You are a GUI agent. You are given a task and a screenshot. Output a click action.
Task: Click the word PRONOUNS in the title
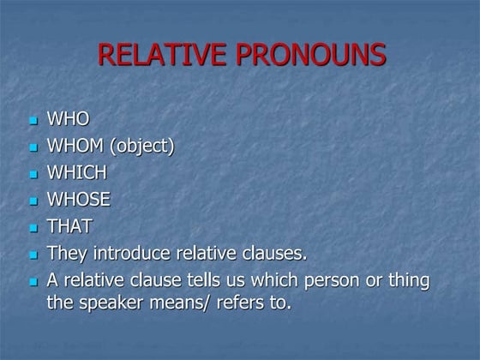coord(315,55)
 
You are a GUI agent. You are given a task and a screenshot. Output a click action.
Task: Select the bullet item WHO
coord(68,119)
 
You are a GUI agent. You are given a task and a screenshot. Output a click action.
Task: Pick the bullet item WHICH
coord(76,173)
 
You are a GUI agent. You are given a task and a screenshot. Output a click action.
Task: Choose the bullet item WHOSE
coord(78,201)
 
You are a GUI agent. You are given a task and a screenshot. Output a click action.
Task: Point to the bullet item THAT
coord(69,227)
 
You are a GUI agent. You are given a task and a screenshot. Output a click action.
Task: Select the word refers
coord(244,303)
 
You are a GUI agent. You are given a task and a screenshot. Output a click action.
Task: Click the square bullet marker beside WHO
coord(33,121)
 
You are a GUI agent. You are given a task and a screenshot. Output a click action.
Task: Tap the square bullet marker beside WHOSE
coord(33,202)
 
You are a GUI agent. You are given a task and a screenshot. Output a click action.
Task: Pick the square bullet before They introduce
coord(33,256)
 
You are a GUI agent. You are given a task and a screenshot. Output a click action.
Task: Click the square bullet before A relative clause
coord(33,283)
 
